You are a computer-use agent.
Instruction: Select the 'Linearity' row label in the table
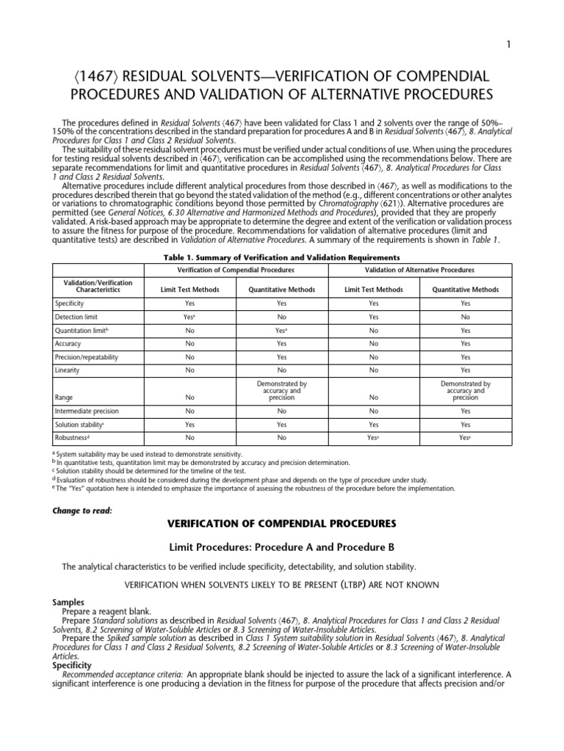pos(68,370)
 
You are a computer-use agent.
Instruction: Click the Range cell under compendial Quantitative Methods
pos(282,390)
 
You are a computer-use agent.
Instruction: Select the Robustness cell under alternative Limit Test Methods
pos(375,438)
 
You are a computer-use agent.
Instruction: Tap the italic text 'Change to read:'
pos(82,510)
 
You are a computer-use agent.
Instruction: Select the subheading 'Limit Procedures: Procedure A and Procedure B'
pos(281,546)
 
